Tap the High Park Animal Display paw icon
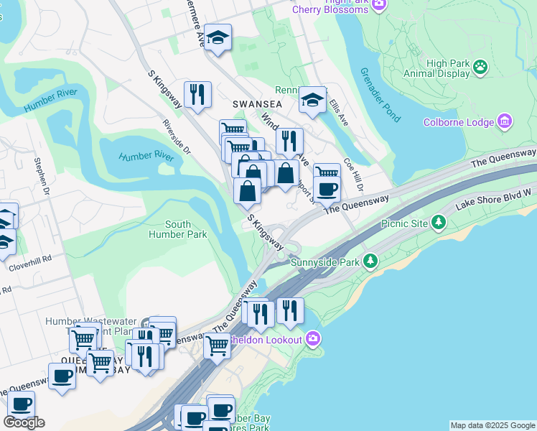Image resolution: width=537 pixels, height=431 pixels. (x=480, y=68)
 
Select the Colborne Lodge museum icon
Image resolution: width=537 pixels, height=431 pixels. (x=505, y=121)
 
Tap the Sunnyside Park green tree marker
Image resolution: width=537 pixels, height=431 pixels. (x=370, y=261)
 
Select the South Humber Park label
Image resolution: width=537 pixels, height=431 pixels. (x=177, y=229)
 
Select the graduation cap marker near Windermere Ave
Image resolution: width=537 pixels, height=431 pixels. (x=217, y=38)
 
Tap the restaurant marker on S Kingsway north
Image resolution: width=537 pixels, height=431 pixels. (x=197, y=94)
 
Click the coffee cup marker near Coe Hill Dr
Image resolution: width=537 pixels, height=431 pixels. (x=327, y=189)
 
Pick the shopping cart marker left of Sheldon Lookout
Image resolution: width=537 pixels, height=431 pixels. (x=217, y=346)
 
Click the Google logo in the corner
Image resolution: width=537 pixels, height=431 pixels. (x=24, y=422)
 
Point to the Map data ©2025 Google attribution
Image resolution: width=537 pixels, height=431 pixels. (x=492, y=425)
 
